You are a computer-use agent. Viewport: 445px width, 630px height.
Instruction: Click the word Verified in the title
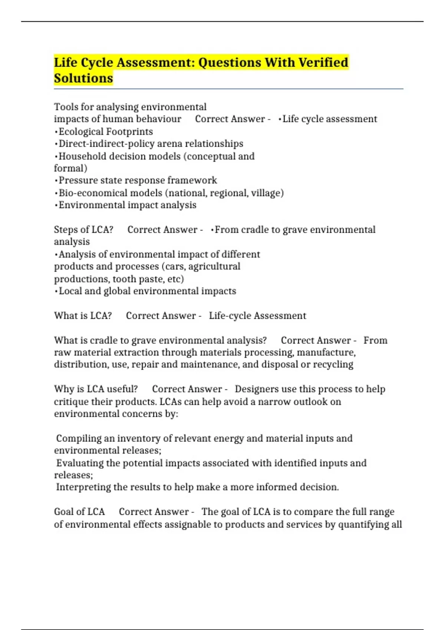click(323, 62)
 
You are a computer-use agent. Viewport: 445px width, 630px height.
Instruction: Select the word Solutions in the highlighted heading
click(83, 78)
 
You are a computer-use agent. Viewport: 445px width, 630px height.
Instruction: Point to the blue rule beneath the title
click(228, 89)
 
